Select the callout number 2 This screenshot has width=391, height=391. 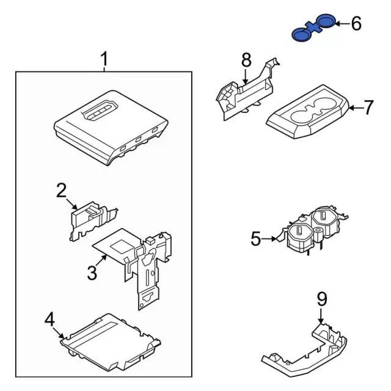pyautogui.click(x=61, y=191)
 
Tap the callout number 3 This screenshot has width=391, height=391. pyautogui.click(x=92, y=272)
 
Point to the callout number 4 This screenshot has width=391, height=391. pyautogui.click(x=50, y=319)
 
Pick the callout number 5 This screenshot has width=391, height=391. pyautogui.click(x=255, y=239)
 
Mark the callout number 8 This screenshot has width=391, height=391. pyautogui.click(x=246, y=60)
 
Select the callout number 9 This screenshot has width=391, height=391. pyautogui.click(x=321, y=299)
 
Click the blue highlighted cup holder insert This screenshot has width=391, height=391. pyautogui.click(x=313, y=29)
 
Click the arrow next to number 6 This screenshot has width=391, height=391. pyautogui.click(x=341, y=24)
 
